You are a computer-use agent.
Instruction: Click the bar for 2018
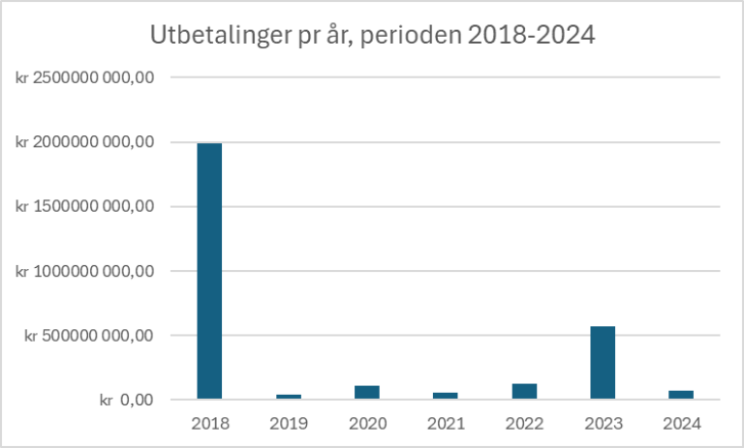(x=209, y=271)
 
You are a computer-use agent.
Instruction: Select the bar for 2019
(x=288, y=396)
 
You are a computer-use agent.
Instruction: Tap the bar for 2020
(x=366, y=392)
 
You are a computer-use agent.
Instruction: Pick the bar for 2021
(x=446, y=395)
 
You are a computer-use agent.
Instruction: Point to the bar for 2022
(x=524, y=391)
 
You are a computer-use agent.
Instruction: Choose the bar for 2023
(x=603, y=362)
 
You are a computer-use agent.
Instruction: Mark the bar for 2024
(x=681, y=394)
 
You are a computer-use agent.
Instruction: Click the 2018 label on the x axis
(x=209, y=423)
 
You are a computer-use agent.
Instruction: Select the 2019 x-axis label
(x=288, y=423)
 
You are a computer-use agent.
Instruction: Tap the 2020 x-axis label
(x=367, y=423)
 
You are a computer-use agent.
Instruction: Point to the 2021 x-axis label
(x=446, y=423)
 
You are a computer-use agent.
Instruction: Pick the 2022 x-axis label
(x=524, y=423)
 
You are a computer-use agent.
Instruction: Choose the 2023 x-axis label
(x=603, y=423)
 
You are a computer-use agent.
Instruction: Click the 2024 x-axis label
(x=681, y=423)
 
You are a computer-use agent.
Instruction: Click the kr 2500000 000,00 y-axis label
(x=85, y=77)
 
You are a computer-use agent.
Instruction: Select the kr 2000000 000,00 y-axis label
(x=85, y=142)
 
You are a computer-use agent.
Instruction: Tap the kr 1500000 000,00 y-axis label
(x=85, y=206)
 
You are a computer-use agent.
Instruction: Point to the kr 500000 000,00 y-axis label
(x=90, y=336)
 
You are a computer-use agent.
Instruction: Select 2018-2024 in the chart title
(x=530, y=37)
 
